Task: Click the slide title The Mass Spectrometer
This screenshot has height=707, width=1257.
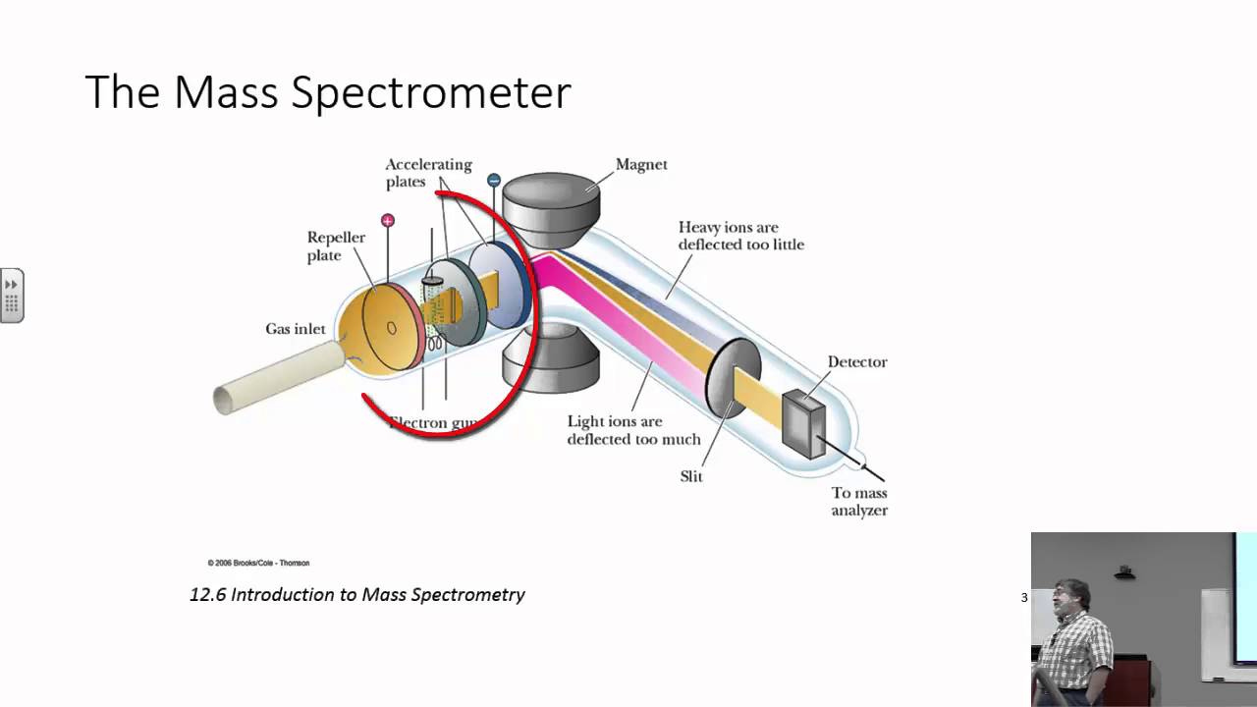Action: (328, 92)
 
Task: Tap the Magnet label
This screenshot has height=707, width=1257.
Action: (641, 165)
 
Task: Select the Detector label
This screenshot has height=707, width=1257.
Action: (856, 362)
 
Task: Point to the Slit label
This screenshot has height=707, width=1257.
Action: (691, 476)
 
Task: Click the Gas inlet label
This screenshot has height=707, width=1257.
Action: (295, 329)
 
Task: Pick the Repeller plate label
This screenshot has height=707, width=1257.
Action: (336, 246)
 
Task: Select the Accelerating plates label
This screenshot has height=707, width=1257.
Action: (428, 173)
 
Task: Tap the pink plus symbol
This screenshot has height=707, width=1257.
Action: (388, 221)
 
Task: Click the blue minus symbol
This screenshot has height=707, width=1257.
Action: (494, 180)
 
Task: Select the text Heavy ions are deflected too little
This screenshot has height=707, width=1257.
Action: (740, 236)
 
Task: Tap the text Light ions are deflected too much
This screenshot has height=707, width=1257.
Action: (633, 430)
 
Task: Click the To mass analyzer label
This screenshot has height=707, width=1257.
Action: (859, 502)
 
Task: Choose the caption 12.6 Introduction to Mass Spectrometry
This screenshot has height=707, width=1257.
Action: (357, 594)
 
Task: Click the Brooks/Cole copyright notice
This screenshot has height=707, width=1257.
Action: (258, 563)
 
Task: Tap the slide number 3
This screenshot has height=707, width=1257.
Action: (1024, 597)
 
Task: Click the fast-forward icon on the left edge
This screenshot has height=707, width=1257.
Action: (12, 285)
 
